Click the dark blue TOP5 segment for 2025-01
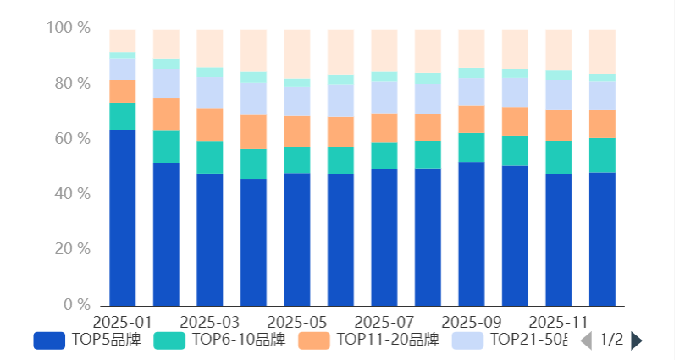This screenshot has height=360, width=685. click(123, 218)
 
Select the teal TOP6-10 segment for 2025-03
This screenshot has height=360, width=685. click(210, 158)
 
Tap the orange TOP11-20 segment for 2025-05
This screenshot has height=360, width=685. click(297, 131)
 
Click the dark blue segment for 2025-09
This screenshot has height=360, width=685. click(472, 233)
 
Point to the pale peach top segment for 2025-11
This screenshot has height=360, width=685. click(559, 50)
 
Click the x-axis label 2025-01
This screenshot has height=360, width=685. click(123, 323)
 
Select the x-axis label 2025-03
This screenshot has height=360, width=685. click(210, 323)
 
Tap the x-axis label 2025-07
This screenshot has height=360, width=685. click(384, 323)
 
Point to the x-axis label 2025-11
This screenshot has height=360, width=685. click(559, 323)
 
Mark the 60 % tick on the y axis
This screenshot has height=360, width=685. click(71, 139)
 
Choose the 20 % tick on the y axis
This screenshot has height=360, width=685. click(71, 249)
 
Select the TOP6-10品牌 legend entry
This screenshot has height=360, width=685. click(220, 341)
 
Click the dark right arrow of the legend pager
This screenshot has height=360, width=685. click(637, 341)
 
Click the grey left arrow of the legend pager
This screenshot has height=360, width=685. click(585, 341)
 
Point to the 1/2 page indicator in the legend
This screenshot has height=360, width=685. click(611, 341)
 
